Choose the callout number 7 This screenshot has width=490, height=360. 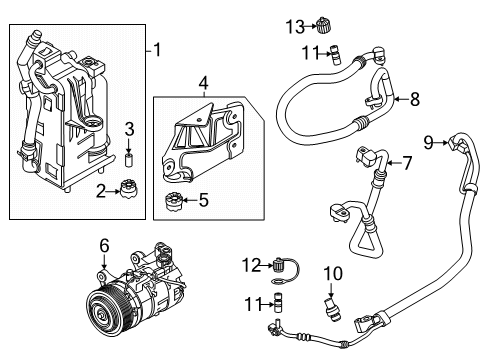[x=408, y=162]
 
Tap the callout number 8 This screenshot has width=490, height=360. [x=416, y=99]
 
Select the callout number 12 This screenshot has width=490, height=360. [x=250, y=264]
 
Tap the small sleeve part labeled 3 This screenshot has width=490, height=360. [x=129, y=162]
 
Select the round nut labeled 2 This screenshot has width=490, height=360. [x=128, y=188]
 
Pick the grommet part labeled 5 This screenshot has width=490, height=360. [x=171, y=204]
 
